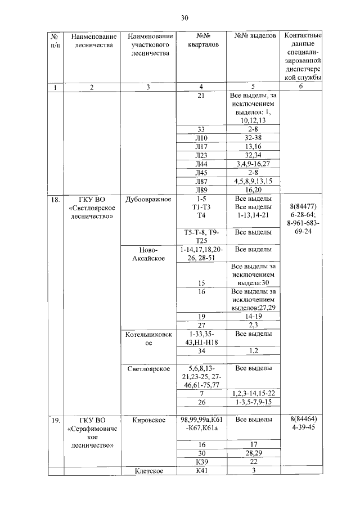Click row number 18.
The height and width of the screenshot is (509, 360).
(x=56, y=200)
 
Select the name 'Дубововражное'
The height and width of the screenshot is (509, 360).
(x=148, y=200)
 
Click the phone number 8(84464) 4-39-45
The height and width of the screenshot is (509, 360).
(x=303, y=425)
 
